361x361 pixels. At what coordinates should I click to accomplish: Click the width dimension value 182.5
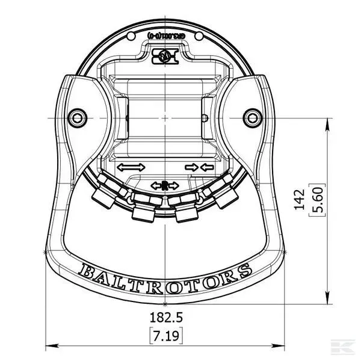click(x=165, y=317)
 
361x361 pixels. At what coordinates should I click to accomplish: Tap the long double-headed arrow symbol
click(x=131, y=167)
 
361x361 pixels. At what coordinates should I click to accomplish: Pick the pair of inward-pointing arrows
click(x=199, y=167)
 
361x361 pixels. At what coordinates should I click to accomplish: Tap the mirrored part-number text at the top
click(x=165, y=35)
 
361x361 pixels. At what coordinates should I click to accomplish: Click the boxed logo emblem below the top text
click(x=165, y=56)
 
